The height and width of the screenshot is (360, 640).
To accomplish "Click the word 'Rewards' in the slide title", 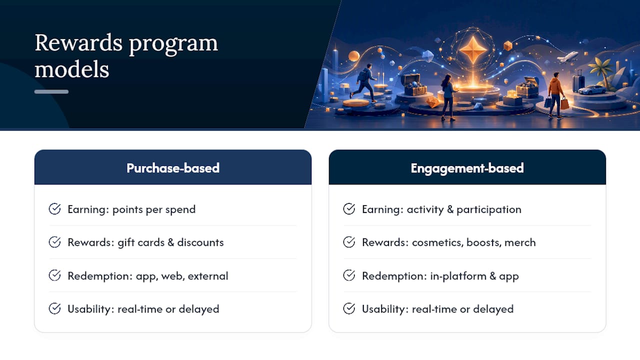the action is (78, 43).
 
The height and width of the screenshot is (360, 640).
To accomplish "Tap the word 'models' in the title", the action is (71, 69).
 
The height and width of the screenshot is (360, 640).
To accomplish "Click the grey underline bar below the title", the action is (51, 91).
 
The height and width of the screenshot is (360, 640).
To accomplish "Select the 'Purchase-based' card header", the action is (173, 167).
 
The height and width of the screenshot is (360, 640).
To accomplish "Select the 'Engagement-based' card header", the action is (467, 167).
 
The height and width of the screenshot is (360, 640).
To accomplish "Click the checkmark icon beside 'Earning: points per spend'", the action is (54, 209).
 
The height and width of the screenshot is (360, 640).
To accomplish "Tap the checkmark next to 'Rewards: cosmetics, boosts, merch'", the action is (349, 242).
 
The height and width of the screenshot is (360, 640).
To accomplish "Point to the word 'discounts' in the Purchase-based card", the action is (200, 242).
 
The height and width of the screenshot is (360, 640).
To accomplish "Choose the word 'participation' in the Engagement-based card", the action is (489, 209).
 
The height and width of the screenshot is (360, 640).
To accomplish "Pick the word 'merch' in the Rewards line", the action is (520, 242).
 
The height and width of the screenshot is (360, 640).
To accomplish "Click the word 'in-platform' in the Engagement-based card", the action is (458, 276).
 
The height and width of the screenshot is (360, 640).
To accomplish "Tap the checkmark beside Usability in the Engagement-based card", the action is (349, 308).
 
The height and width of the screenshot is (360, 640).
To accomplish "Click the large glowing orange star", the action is (473, 49).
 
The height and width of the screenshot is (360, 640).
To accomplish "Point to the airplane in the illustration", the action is (567, 56).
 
